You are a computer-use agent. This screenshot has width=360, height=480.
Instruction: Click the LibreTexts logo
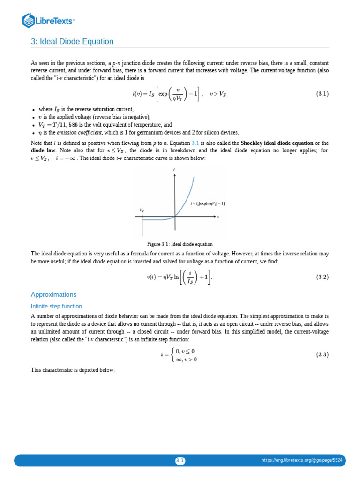(49, 21)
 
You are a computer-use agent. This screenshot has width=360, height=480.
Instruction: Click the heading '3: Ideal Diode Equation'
(72, 42)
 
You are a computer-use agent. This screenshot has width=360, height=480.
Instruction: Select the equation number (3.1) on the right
(321, 94)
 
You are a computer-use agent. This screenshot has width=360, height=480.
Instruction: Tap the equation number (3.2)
(321, 277)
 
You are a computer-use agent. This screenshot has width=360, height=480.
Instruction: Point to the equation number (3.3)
(321, 355)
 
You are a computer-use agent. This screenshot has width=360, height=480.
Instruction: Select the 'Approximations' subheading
(53, 294)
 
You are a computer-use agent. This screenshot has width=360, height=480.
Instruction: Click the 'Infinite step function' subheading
(56, 306)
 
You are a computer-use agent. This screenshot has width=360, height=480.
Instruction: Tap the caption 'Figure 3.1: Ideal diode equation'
(180, 244)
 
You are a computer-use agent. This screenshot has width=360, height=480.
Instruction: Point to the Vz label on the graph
(142, 210)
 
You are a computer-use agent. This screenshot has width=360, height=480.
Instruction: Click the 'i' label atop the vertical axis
(175, 170)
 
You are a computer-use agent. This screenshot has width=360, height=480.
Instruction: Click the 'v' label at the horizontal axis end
(218, 217)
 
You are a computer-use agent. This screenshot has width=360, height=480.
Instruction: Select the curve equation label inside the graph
(207, 203)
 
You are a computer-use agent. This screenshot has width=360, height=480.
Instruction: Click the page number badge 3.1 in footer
(180, 460)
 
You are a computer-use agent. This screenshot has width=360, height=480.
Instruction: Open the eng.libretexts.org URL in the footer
(302, 460)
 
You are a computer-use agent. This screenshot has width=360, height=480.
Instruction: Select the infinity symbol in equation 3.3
(179, 360)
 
